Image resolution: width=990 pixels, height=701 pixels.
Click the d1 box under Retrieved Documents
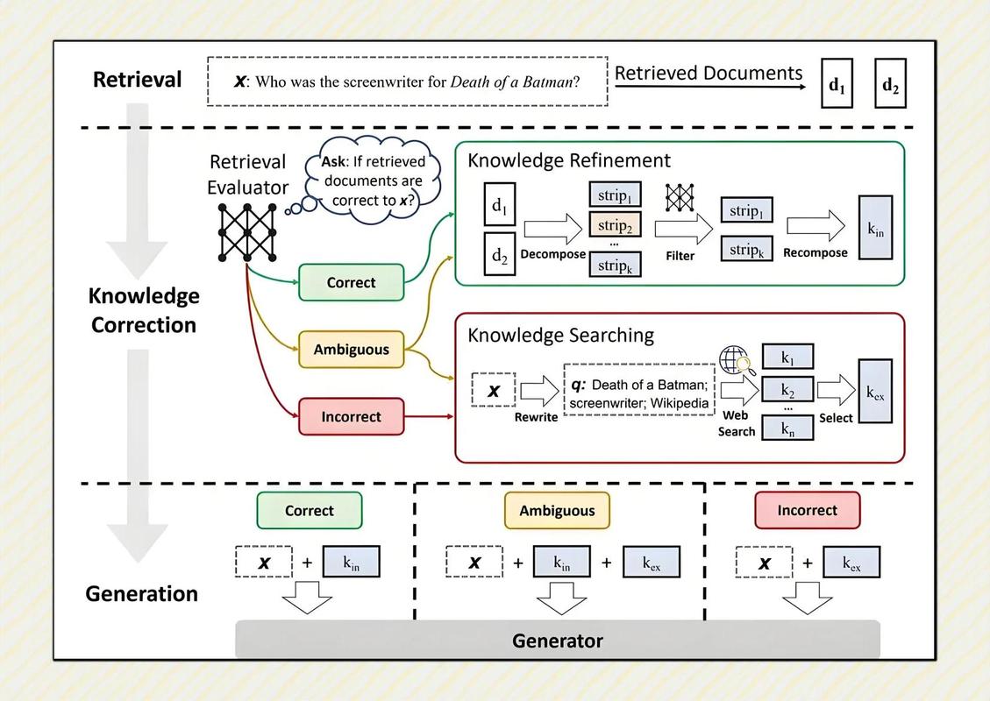click(x=837, y=83)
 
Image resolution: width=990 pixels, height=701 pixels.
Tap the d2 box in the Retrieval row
click(x=890, y=83)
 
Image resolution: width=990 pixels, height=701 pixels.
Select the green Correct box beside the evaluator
click(x=351, y=283)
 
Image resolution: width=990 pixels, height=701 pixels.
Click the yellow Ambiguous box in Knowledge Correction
click(x=351, y=350)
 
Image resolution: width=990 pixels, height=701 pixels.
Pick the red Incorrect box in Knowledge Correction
click(x=351, y=416)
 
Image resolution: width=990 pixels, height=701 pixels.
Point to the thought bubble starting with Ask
click(x=373, y=181)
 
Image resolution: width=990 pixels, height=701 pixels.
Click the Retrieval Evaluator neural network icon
click(x=247, y=232)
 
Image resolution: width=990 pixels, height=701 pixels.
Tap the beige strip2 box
click(x=615, y=224)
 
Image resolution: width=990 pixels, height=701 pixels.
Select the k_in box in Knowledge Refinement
click(x=875, y=228)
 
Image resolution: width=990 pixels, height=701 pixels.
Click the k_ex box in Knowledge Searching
click(x=875, y=391)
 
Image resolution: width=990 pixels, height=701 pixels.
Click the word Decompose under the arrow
click(x=553, y=254)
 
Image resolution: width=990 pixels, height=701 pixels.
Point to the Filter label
click(x=680, y=256)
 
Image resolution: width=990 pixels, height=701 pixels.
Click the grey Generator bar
click(x=558, y=640)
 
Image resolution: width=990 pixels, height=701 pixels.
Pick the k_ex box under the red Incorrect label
click(x=851, y=563)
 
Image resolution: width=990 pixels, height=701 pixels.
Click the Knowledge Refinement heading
click(x=569, y=160)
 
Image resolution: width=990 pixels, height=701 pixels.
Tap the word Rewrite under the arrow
click(x=536, y=417)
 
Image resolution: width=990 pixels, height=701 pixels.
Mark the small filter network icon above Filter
click(x=680, y=197)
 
